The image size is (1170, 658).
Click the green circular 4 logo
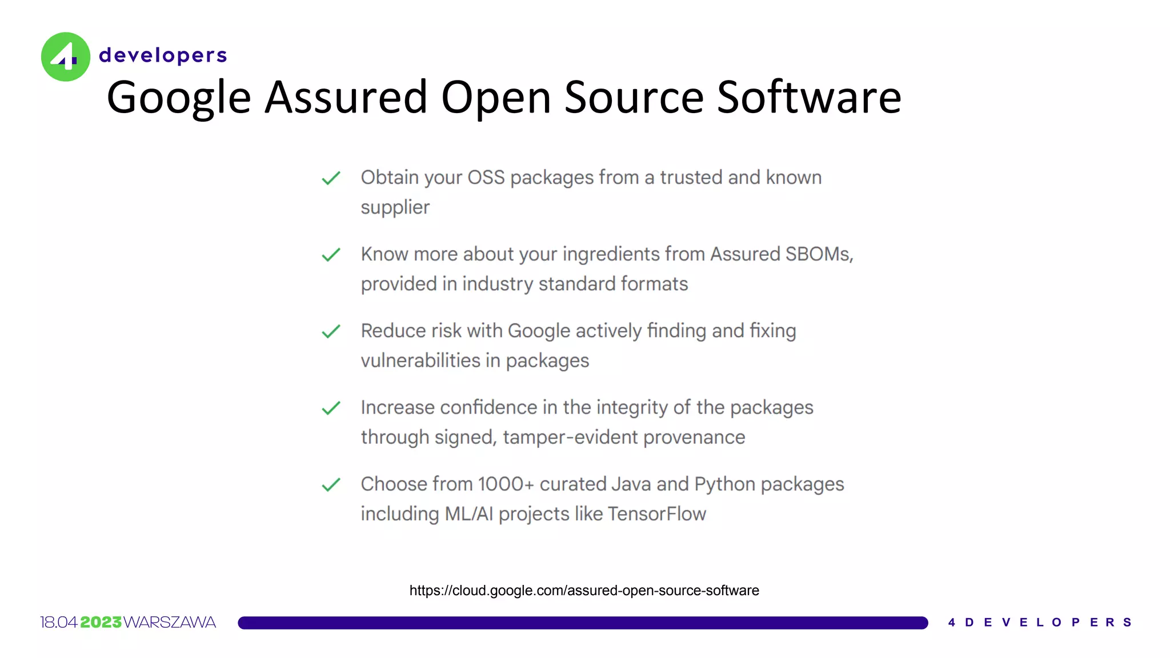click(66, 57)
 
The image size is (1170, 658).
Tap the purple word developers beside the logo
click(163, 55)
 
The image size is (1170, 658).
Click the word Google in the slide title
click(179, 98)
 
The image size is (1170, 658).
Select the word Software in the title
click(809, 98)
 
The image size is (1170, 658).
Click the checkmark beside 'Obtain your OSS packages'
click(331, 178)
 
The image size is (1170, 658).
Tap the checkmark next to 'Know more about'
click(331, 255)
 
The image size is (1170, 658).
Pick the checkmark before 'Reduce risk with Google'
click(331, 331)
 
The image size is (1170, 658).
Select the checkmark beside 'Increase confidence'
click(331, 408)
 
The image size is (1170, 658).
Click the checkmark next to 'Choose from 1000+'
click(331, 485)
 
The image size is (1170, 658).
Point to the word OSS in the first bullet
click(486, 178)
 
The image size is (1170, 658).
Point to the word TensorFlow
click(657, 514)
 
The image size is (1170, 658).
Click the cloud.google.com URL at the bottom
click(584, 591)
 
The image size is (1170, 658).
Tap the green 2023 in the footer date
click(101, 623)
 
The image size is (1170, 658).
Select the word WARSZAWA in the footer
click(170, 623)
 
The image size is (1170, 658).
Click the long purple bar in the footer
click(583, 623)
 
